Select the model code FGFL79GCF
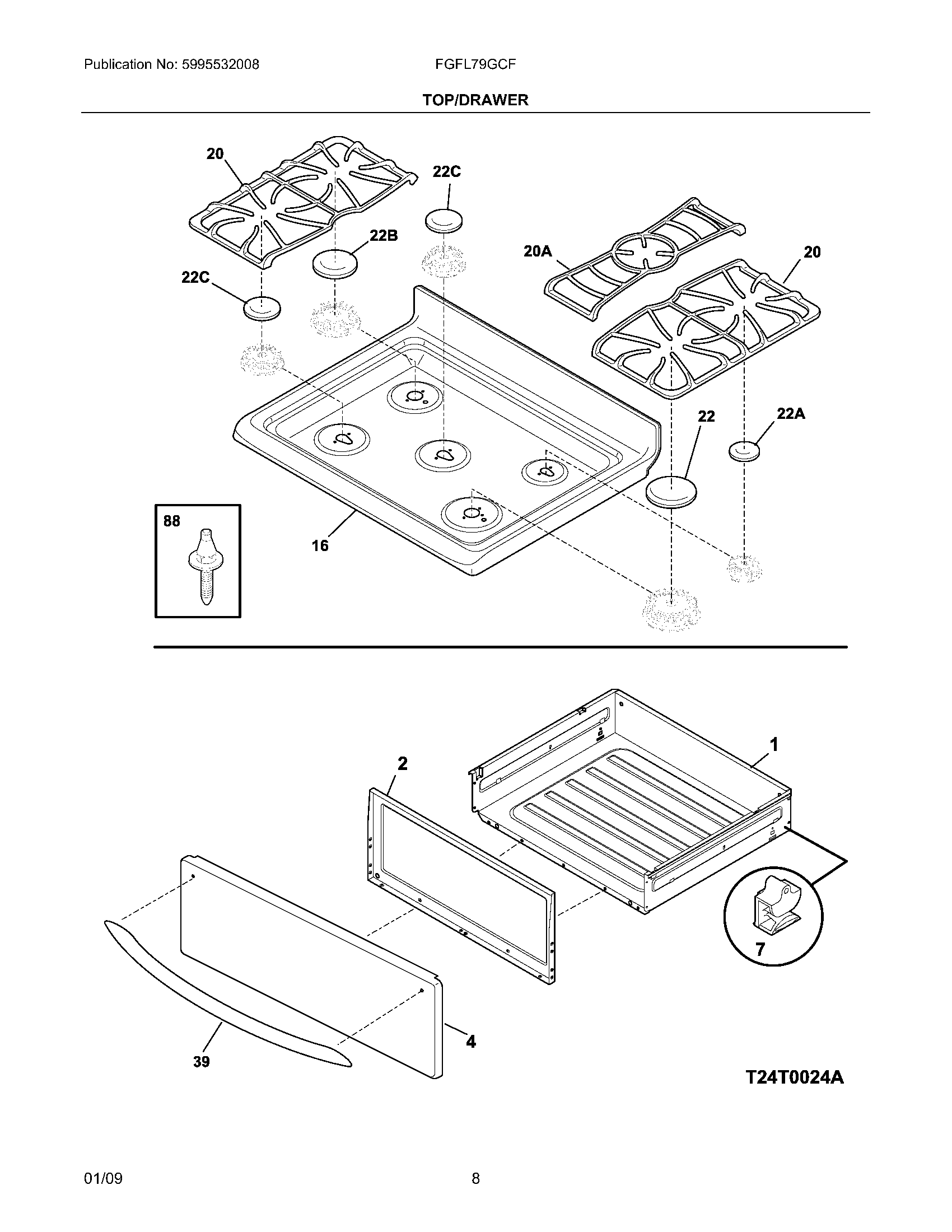coord(475,65)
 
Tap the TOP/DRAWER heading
coord(475,100)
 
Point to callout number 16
coord(320,545)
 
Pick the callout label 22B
coord(384,236)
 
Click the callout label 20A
coord(537,251)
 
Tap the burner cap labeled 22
coord(671,491)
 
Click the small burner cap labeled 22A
coord(744,451)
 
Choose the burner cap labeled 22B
coord(335,264)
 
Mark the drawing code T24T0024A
coord(795,1077)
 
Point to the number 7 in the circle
coord(760,950)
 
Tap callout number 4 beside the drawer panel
coord(470,1042)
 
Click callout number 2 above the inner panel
coord(402,764)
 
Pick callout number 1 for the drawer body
coord(774,745)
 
